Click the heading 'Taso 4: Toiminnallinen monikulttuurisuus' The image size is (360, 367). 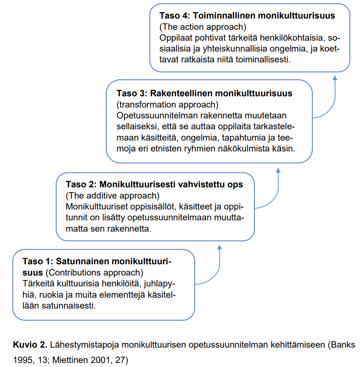pos(247,16)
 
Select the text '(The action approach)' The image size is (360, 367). pos(203,27)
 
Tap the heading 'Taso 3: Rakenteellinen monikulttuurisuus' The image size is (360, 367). pos(204,93)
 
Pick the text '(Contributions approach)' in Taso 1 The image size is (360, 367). pos(94,272)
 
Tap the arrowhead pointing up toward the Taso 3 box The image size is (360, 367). pos(278,170)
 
